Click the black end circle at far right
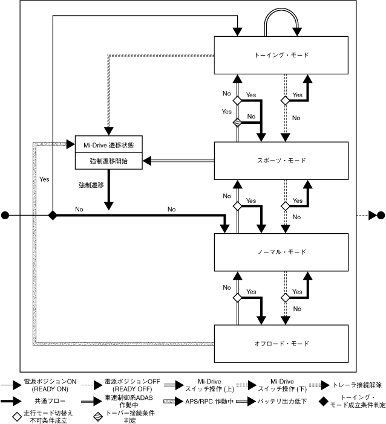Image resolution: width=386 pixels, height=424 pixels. (381, 215)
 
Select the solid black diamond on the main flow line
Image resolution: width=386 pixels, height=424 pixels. (53, 215)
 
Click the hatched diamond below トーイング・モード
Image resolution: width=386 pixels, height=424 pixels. (238, 123)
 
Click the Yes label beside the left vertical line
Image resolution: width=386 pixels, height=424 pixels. (44, 179)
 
